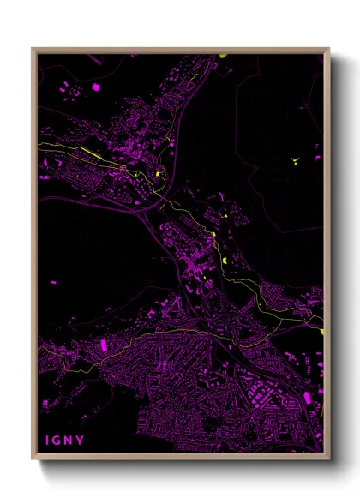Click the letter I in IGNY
click(x=47, y=441)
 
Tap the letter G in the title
click(x=57, y=441)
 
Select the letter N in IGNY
click(x=69, y=441)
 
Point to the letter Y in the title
click(x=81, y=441)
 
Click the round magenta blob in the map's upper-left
click(x=95, y=87)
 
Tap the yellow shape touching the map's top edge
click(x=223, y=56)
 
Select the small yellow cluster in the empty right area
click(x=294, y=159)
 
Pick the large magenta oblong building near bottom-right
click(x=303, y=397)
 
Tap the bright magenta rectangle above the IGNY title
click(x=105, y=345)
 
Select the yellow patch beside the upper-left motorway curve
click(x=159, y=177)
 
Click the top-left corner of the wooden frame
click(x=33, y=49)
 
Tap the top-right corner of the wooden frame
click(x=329, y=49)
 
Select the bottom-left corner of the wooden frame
click(x=33, y=459)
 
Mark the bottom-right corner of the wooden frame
click(x=329, y=459)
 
